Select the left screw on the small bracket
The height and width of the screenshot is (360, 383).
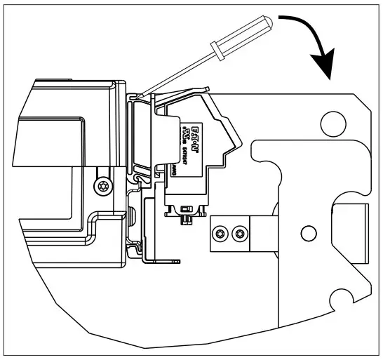click(222, 232)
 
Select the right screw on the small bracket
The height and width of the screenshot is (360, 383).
click(241, 232)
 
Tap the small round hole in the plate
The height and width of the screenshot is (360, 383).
click(307, 232)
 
